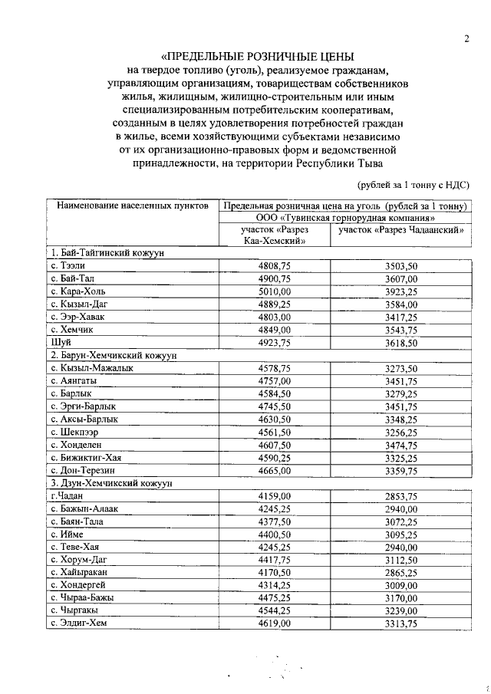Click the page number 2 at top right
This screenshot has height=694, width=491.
pos(466,39)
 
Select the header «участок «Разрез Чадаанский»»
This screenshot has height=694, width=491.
pos(400,229)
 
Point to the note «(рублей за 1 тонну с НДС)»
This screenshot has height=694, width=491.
pos(413,185)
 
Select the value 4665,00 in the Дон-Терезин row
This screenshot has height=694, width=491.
pos(275,471)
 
